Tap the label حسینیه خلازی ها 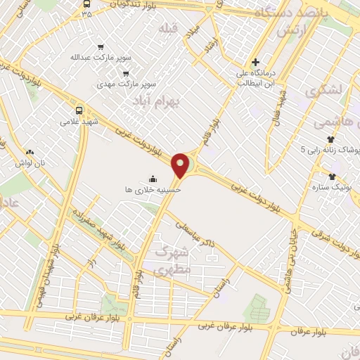click(153, 190)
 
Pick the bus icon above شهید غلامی click(78, 110)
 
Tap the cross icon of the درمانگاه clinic click(256, 62)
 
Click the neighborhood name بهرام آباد click(157, 103)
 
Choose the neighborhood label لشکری click(323, 89)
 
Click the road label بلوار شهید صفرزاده click(105, 231)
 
